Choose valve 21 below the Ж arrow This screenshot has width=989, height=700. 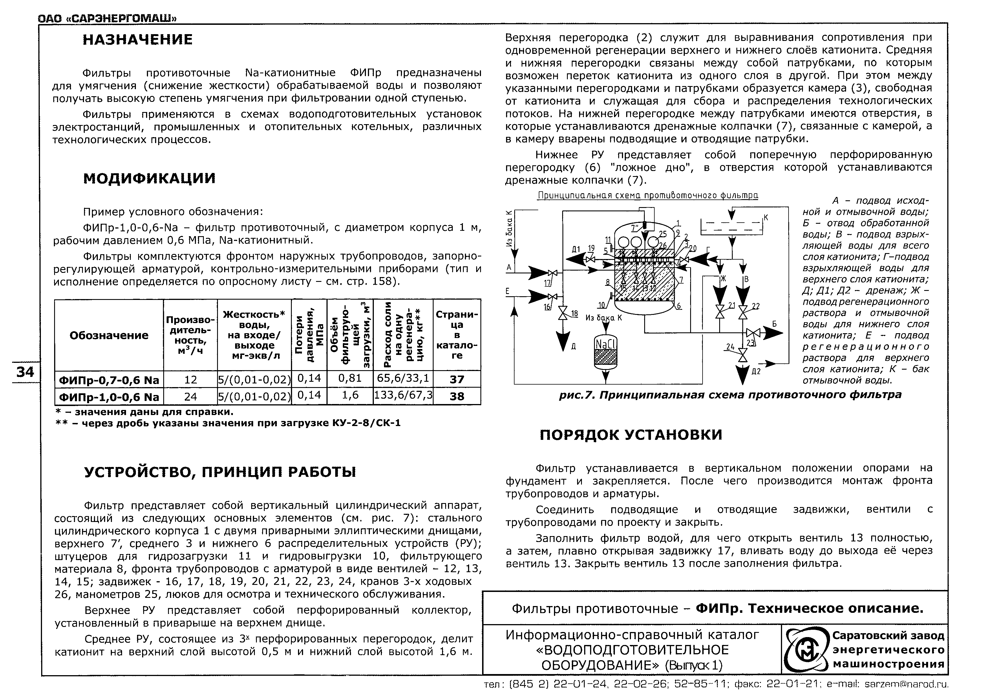click(719, 311)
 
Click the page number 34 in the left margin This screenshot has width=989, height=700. click(25, 372)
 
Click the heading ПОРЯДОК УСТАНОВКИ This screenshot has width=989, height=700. click(631, 435)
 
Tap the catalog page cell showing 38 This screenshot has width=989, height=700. click(457, 396)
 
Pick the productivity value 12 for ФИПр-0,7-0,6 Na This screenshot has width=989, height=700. click(190, 379)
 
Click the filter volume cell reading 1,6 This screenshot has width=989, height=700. click(350, 396)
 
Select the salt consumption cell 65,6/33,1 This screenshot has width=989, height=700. click(403, 378)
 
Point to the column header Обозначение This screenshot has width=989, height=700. click(109, 335)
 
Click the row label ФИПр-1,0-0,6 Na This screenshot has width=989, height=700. click(109, 396)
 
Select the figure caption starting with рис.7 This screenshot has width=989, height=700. click(730, 395)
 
